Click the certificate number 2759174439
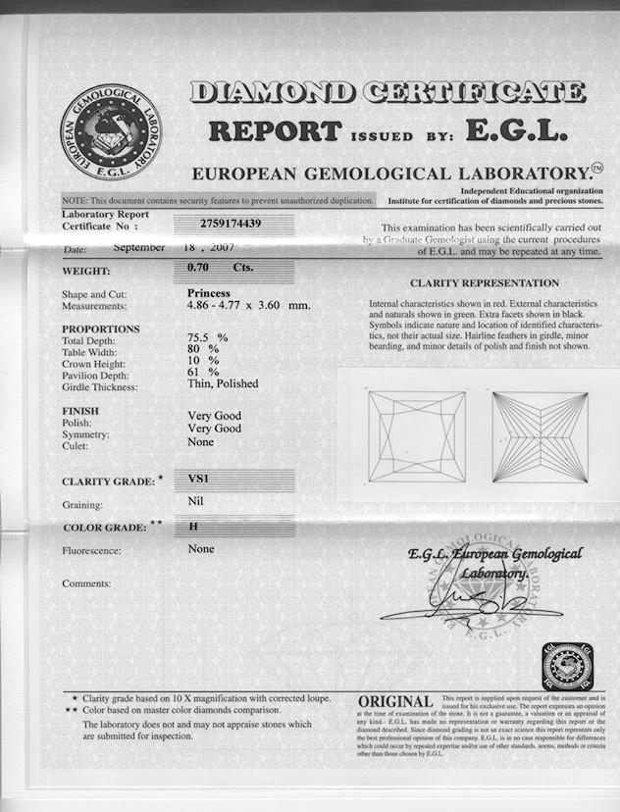pos(231,223)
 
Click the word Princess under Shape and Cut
pos(208,293)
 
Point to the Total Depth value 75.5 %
pos(207,336)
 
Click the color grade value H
pos(193,527)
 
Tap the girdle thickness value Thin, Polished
pos(223,384)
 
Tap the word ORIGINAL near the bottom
pos(395,702)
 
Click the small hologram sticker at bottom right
pos(566,667)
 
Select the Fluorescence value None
pos(200,549)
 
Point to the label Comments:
pos(86,584)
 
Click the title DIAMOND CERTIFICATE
pos(387,93)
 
